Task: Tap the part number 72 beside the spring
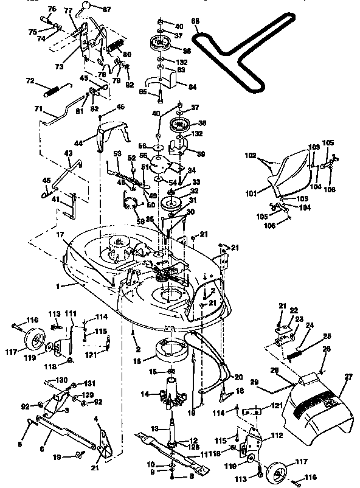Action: [29, 80]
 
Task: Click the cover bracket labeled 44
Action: [109, 131]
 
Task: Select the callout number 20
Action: [238, 377]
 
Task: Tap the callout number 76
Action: [51, 9]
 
